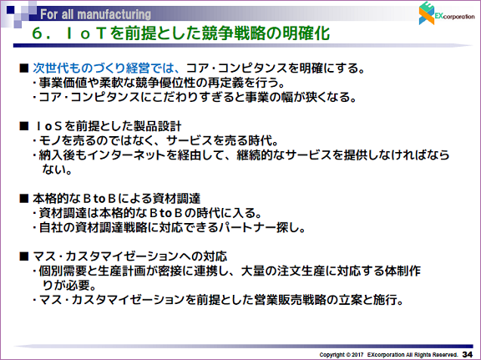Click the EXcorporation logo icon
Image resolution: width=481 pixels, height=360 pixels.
click(x=427, y=13)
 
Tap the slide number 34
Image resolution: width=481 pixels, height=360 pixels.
click(x=467, y=354)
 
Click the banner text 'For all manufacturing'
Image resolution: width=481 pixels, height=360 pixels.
click(x=95, y=14)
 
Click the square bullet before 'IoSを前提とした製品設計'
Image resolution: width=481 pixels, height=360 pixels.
click(x=23, y=126)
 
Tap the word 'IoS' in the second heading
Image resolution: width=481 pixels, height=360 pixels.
click(x=49, y=126)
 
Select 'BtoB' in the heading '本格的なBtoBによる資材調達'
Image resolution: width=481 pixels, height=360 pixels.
click(x=99, y=199)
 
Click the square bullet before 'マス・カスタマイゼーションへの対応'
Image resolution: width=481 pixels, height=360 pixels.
click(x=23, y=256)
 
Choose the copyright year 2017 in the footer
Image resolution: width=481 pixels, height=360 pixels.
click(x=357, y=355)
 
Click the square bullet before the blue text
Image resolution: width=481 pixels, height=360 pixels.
click(x=23, y=68)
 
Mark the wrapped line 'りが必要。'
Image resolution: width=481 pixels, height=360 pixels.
click(x=69, y=286)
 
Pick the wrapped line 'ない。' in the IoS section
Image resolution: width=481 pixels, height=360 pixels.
click(x=57, y=170)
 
